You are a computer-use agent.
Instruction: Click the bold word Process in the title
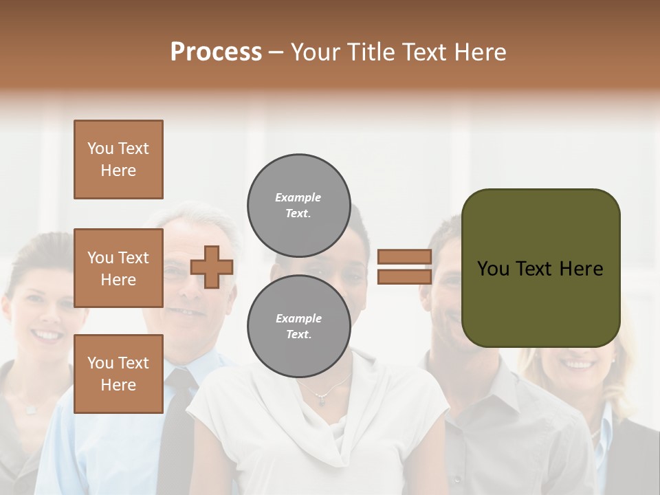[216, 52]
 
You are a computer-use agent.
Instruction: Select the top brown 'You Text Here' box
[118, 159]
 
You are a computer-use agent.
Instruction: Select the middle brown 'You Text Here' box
[118, 268]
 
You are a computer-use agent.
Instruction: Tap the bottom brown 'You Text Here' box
[118, 373]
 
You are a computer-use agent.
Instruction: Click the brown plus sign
[211, 267]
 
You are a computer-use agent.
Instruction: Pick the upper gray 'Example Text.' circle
[298, 206]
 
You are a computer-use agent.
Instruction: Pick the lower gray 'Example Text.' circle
[298, 327]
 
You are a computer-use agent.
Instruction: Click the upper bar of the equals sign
[404, 256]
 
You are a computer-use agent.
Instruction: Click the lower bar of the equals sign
[404, 277]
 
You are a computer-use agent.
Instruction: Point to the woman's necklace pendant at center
[321, 401]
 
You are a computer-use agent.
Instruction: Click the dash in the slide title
[276, 53]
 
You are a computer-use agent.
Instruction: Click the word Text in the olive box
[536, 269]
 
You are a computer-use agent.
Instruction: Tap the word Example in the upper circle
[298, 197]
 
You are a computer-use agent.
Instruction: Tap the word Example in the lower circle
[298, 318]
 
